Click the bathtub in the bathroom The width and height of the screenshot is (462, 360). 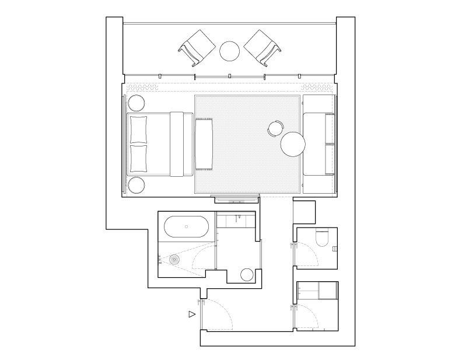186,226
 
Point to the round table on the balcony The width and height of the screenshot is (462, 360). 230,51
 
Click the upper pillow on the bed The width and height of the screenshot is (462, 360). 139,130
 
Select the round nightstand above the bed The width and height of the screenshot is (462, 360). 136,103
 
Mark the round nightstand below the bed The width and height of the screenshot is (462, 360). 136,185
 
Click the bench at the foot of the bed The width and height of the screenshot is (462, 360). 204,144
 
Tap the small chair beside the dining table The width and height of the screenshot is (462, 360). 276,128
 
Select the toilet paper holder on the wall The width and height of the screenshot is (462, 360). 335,249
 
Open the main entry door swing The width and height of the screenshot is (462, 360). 219,315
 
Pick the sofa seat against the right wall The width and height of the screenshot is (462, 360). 318,144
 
